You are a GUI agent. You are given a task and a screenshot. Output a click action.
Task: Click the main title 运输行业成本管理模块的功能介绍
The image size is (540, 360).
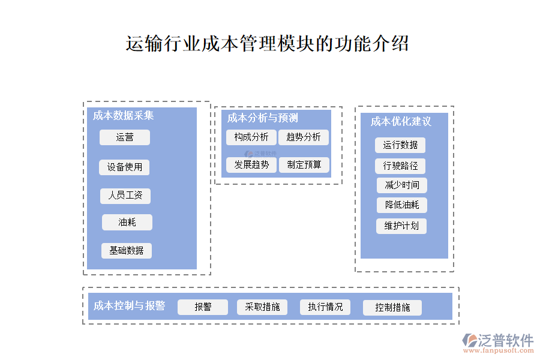pos(268,44)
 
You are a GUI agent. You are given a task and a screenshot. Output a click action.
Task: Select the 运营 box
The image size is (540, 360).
pos(125,137)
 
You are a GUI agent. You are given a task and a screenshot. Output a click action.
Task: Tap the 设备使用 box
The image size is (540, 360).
pos(125,167)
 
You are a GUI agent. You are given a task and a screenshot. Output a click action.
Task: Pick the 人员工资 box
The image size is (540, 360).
pos(125,196)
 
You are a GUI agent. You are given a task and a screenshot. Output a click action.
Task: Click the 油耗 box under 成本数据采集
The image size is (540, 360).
pos(127,223)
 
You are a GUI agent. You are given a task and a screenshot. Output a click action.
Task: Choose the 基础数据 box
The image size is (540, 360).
pos(127,251)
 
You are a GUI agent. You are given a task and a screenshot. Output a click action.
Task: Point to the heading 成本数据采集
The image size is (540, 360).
pos(124,116)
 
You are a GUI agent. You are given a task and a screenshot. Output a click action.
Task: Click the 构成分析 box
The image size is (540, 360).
pos(251,137)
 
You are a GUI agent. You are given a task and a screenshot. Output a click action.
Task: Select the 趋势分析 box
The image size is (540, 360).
pos(304,137)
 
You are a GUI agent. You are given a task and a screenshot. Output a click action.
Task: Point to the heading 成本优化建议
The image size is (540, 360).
pos(401,122)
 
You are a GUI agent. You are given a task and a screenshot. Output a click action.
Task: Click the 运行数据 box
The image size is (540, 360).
pos(401,145)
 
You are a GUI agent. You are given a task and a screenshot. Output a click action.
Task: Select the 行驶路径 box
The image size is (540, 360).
pos(401,166)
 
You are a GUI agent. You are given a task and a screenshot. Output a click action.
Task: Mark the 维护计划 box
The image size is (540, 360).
pos(401,226)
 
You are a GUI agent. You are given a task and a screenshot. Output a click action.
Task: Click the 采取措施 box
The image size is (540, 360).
pos(263,307)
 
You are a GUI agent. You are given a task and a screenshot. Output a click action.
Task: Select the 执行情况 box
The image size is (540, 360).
pos(326,307)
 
